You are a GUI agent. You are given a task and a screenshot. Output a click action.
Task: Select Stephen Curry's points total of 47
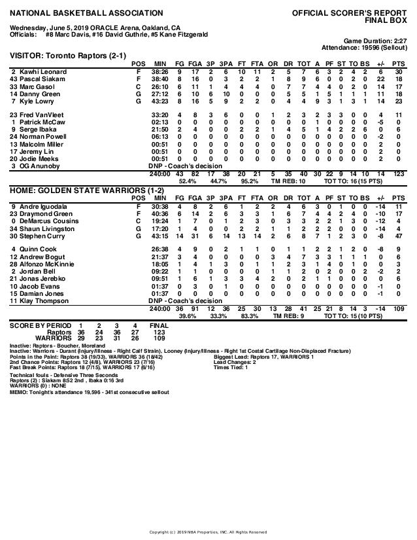point(399,236)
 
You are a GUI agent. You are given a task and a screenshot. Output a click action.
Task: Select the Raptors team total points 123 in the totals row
point(399,173)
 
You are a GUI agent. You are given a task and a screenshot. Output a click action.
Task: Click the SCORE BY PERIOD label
point(41,325)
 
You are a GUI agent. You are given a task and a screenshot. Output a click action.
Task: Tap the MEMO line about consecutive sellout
point(90,392)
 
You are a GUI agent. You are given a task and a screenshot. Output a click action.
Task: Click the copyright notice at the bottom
point(208,531)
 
